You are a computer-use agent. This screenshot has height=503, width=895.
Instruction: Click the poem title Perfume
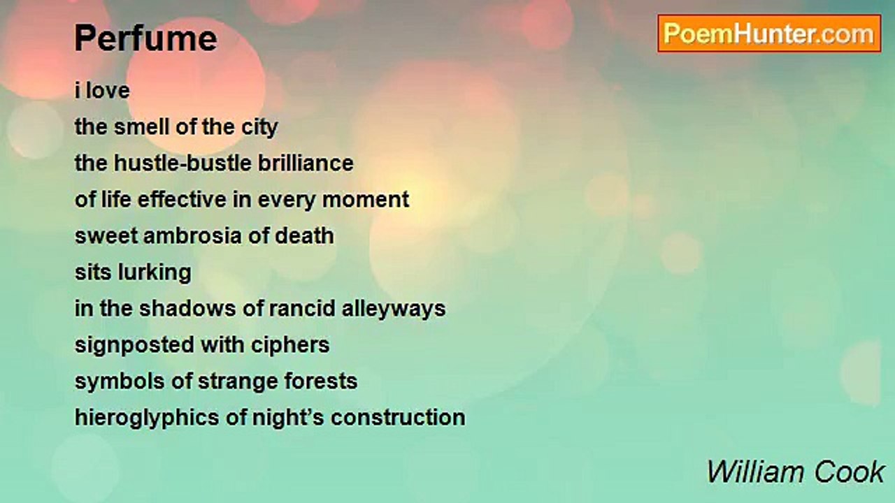pyautogui.click(x=146, y=38)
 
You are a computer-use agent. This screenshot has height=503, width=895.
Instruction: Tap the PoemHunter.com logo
pyautogui.click(x=769, y=34)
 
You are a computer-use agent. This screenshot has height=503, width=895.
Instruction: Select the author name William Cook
pyautogui.click(x=796, y=472)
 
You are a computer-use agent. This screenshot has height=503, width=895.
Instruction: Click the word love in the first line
pyautogui.click(x=108, y=91)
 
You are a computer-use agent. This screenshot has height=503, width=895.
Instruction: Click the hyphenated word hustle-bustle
pyautogui.click(x=182, y=163)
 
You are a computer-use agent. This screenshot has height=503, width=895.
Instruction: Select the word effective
pyautogui.click(x=182, y=200)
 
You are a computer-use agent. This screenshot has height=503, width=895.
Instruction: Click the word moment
pyautogui.click(x=366, y=200)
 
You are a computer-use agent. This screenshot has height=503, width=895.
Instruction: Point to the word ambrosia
pyautogui.click(x=192, y=236)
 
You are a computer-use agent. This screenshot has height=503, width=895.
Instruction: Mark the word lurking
pyautogui.click(x=155, y=273)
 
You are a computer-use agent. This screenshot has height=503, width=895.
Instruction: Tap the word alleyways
pyautogui.click(x=394, y=309)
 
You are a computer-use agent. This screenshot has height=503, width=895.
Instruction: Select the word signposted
pyautogui.click(x=134, y=346)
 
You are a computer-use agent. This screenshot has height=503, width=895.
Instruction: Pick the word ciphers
pyautogui.click(x=290, y=346)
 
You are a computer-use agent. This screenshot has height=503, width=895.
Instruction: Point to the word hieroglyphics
pyautogui.click(x=147, y=418)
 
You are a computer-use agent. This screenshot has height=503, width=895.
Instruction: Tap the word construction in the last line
pyautogui.click(x=398, y=418)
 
